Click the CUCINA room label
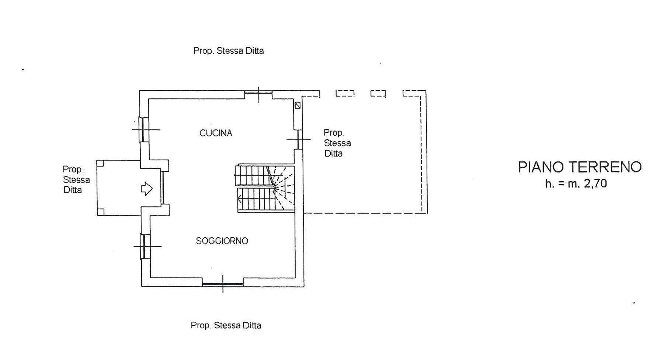tap(216, 133)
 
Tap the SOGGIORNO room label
tap(222, 241)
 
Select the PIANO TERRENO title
tap(580, 167)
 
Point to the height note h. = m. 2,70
tap(576, 184)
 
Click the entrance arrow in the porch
tap(147, 189)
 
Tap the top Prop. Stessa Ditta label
tap(229, 51)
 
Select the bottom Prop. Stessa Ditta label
tap(226, 325)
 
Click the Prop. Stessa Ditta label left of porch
tap(76, 179)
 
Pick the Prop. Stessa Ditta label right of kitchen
tap(337, 143)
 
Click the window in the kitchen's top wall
tap(258, 94)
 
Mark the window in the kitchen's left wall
tap(144, 130)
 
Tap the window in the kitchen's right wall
tap(299, 139)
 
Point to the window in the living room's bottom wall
tap(223, 284)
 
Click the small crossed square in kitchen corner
tap(298, 105)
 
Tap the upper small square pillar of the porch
tap(100, 164)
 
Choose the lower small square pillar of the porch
tap(101, 212)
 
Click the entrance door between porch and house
tap(162, 187)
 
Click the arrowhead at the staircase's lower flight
tap(240, 200)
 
